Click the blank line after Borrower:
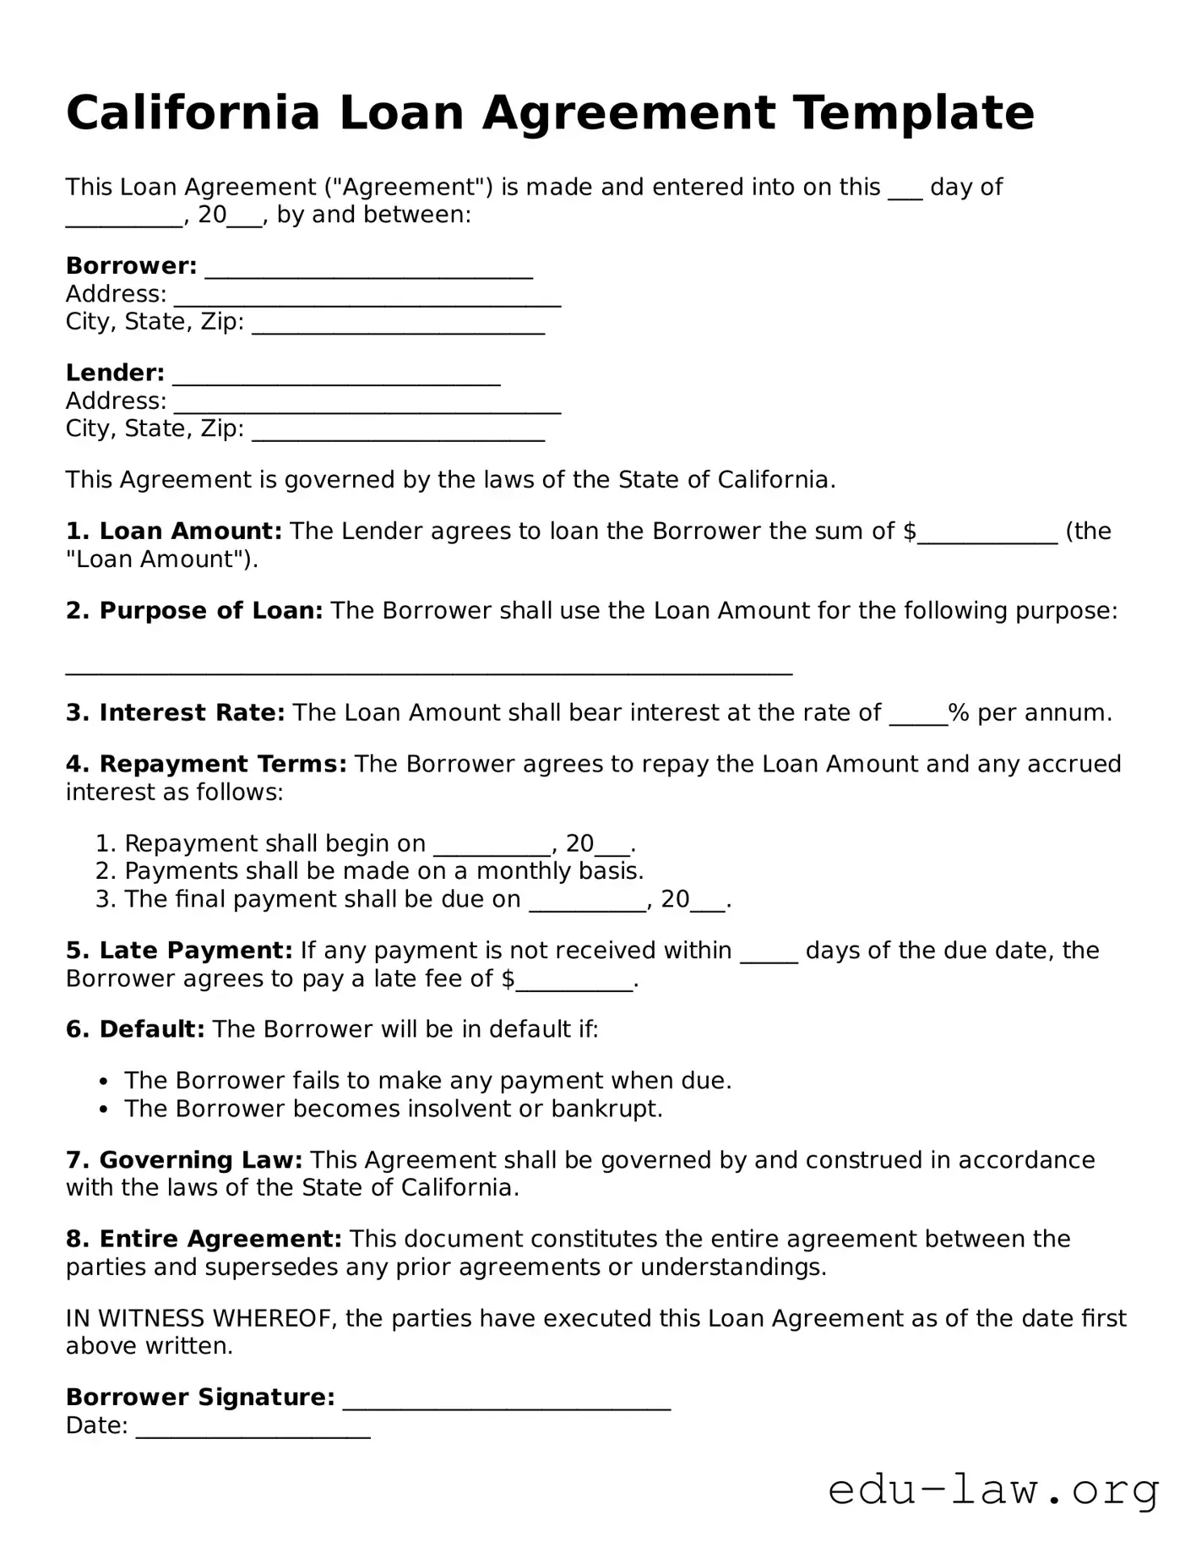click(x=368, y=270)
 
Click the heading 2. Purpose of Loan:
click(x=194, y=611)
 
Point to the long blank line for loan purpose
click(x=429, y=669)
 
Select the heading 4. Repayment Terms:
click(x=206, y=765)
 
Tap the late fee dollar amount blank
click(x=574, y=983)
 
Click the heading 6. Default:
click(x=135, y=1030)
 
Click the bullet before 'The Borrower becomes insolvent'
click(x=103, y=1109)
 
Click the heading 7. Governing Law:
click(x=184, y=1161)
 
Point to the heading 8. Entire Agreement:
click(x=204, y=1240)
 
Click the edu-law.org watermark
click(x=993, y=1491)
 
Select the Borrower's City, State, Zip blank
click(x=398, y=326)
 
